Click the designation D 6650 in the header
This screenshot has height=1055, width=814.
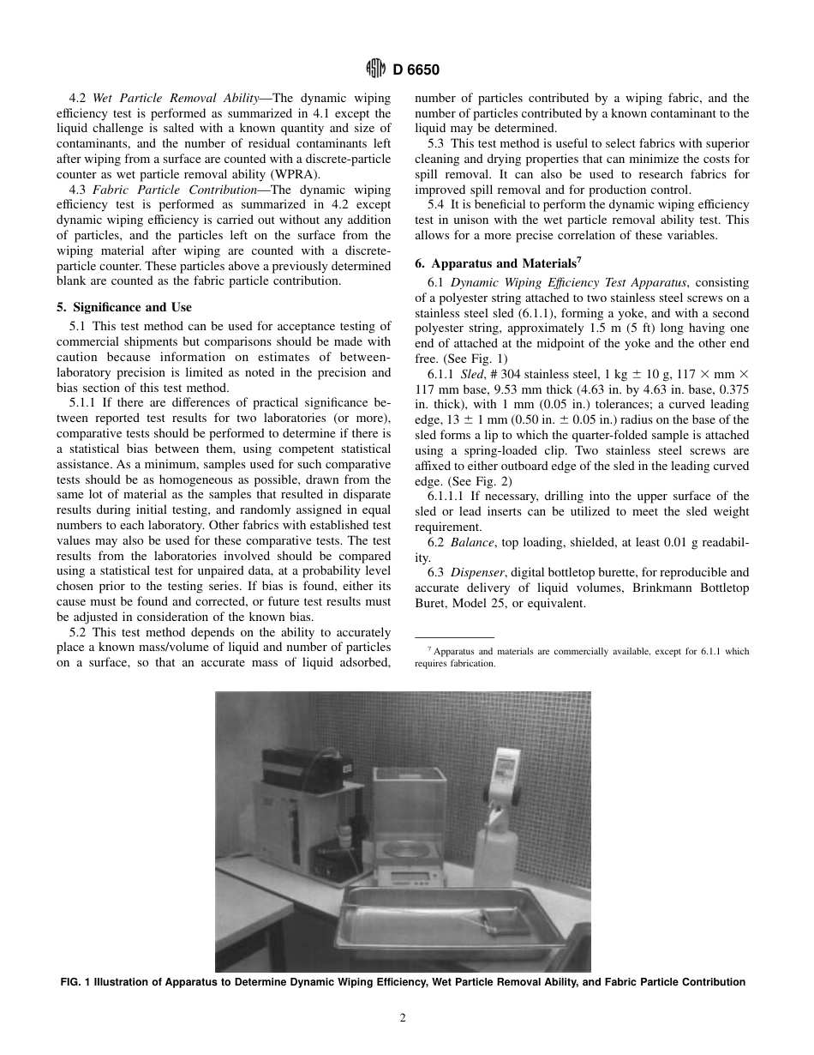(416, 70)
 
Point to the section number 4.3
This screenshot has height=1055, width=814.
(78, 190)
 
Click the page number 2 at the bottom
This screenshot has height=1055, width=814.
(403, 1018)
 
